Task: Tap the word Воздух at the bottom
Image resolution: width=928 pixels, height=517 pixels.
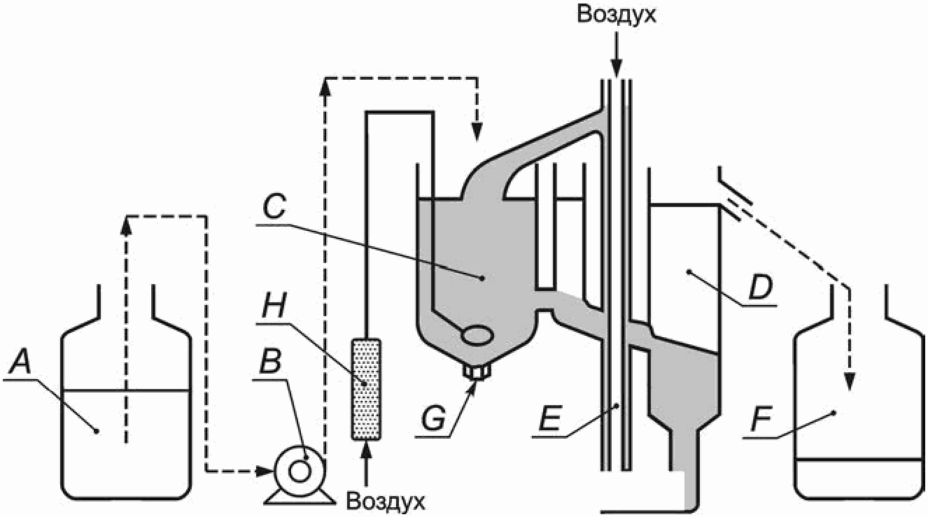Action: [386, 502]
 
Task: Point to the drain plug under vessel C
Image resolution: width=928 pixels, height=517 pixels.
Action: [477, 370]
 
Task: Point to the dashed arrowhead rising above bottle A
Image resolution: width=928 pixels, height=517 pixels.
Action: [125, 224]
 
